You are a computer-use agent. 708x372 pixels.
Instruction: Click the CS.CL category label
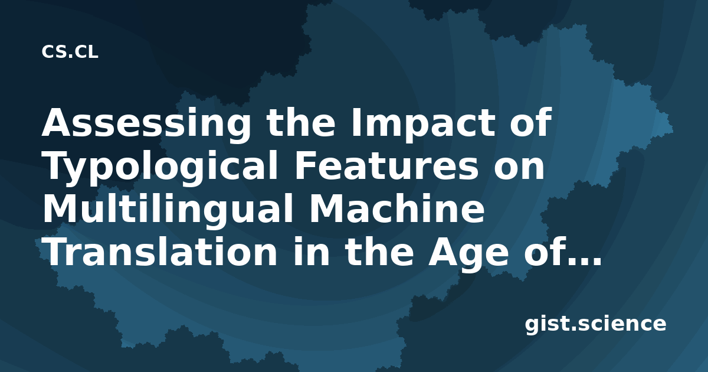point(70,52)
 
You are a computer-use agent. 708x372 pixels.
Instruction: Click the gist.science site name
point(595,324)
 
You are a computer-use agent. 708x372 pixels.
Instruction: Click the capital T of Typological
point(59,165)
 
